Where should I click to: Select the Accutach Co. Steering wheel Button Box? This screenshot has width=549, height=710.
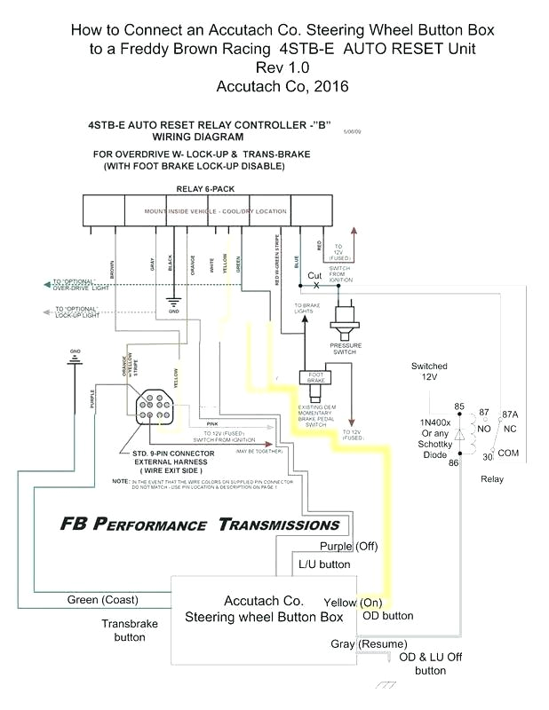[264, 609]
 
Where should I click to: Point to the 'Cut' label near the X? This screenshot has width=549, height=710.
[314, 275]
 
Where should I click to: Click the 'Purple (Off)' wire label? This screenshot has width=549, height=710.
[348, 546]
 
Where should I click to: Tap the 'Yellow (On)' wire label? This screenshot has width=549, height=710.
[353, 602]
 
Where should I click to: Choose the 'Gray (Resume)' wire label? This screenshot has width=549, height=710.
[369, 643]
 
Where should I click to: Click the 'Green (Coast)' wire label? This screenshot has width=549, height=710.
[102, 600]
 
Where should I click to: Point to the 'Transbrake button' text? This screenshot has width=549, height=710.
[129, 630]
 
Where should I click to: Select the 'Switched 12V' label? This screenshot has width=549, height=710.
[429, 372]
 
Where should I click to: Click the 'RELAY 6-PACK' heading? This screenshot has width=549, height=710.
[212, 189]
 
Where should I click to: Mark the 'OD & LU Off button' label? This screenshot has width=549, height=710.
[430, 663]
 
